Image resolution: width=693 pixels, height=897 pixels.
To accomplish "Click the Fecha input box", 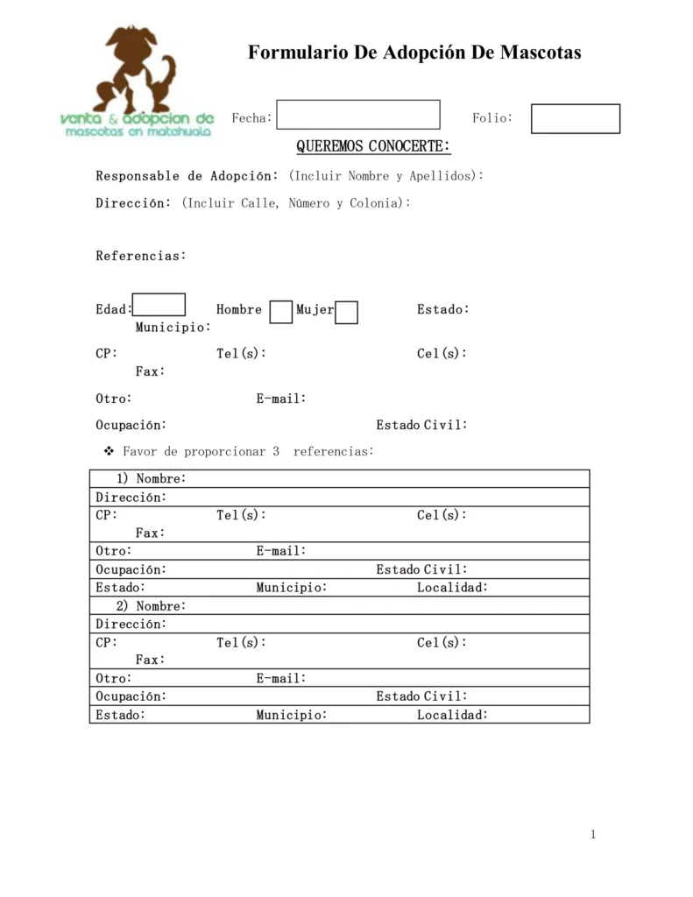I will point(358,115).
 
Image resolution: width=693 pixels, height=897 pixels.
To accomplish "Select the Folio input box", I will point(575,119).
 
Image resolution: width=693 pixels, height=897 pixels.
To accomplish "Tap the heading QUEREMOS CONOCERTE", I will point(373,145).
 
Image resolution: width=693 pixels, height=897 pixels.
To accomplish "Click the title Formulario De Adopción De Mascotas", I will point(414,53).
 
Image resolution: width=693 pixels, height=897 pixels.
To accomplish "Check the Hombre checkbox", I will point(281,312).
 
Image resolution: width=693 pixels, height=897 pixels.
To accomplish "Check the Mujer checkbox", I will point(347,312).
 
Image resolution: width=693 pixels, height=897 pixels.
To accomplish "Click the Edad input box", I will point(159,305).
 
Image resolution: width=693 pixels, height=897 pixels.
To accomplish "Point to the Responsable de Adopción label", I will point(187,176).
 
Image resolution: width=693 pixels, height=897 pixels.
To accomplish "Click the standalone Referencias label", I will point(141,256).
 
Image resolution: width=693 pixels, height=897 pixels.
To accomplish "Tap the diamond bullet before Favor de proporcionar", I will point(110,451).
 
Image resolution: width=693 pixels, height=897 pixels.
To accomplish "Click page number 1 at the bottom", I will point(593,834).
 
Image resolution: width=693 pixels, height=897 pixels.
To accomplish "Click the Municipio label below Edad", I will point(173,328).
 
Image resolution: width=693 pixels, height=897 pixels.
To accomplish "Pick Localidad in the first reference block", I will point(452,588).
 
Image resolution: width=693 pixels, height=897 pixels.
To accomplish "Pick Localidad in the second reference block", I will point(452,715).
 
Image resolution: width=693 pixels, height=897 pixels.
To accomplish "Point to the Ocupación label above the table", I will point(131,425).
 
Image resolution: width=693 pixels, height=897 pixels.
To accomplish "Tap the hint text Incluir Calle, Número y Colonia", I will point(296,203).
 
